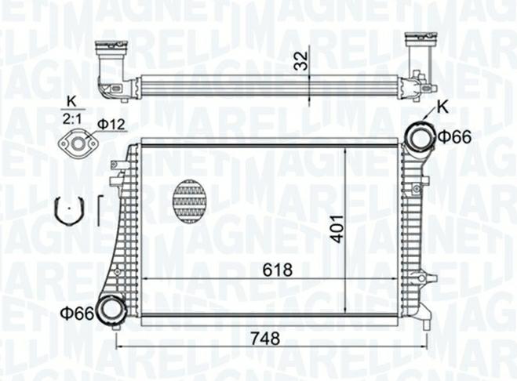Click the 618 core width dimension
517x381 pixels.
[x=278, y=270]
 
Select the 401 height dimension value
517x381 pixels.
[x=337, y=230]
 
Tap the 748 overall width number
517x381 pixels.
[x=265, y=338]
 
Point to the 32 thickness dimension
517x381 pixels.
[x=301, y=61]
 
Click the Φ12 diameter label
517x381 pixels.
[x=111, y=125]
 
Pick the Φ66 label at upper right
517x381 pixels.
[x=455, y=137]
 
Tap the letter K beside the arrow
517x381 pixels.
[x=443, y=107]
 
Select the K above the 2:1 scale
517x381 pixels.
[x=71, y=102]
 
